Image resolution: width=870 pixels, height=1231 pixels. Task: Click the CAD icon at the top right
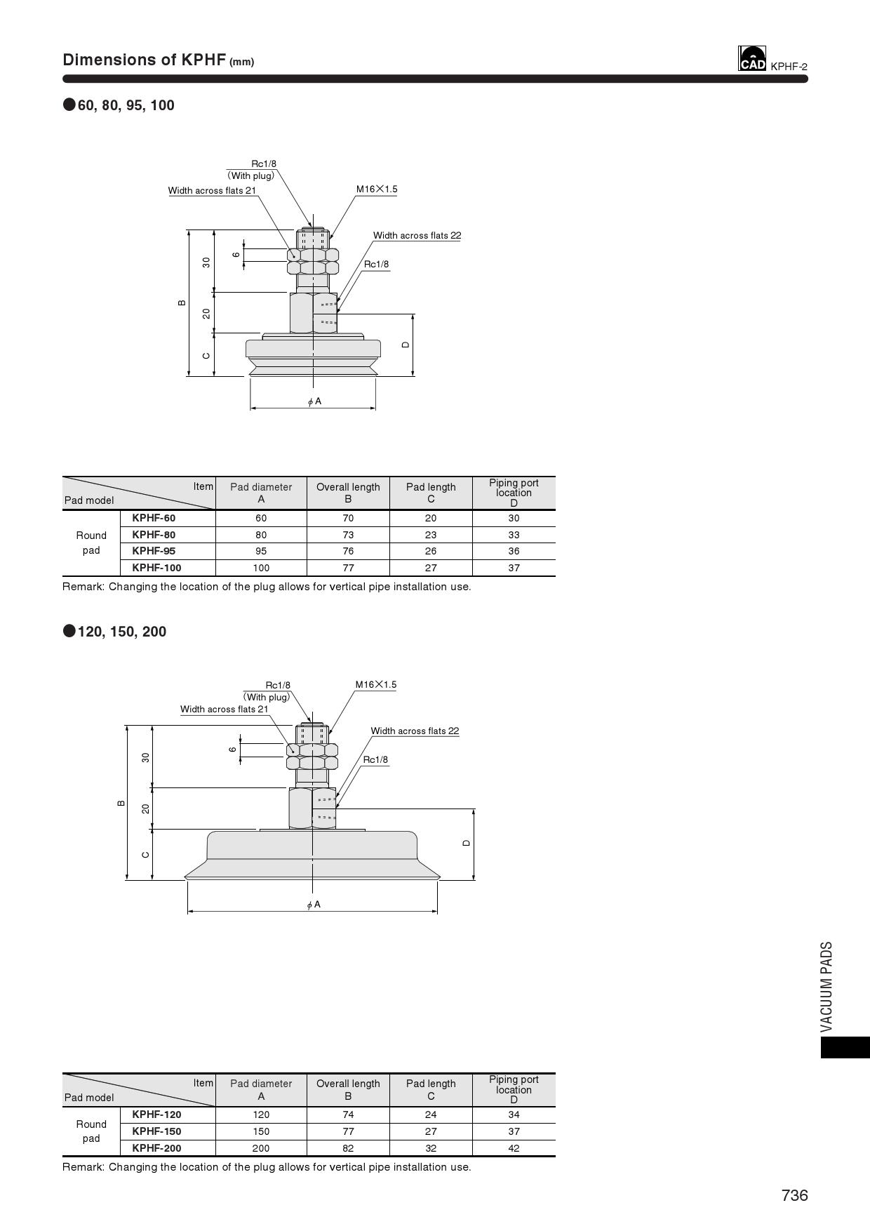click(x=752, y=58)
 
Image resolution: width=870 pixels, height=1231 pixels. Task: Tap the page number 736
click(x=795, y=1195)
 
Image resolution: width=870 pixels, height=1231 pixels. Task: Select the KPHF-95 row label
click(x=154, y=551)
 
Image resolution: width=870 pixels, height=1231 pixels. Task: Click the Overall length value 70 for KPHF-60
click(x=348, y=518)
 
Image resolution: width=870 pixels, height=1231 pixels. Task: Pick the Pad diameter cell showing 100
click(x=261, y=568)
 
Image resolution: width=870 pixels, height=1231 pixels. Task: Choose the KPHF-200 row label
click(x=156, y=1148)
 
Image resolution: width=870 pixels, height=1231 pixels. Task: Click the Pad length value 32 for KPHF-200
click(x=431, y=1148)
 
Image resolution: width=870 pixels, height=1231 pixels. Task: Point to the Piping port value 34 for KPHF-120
click(x=514, y=1114)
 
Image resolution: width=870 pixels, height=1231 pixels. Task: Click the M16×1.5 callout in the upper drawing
click(x=377, y=189)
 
